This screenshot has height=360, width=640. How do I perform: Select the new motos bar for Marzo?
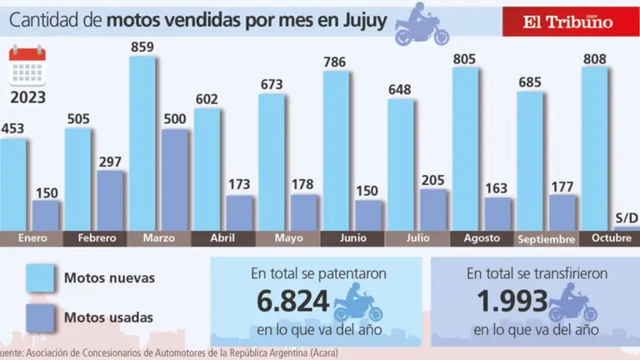[142, 142]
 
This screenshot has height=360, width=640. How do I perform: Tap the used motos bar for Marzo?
[175, 178]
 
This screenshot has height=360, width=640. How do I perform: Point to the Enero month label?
[30, 237]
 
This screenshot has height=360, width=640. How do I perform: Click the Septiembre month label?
[547, 239]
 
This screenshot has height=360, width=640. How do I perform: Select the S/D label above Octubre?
[627, 218]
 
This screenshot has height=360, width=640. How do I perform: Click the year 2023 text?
[27, 97]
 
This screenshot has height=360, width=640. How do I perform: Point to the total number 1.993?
[512, 301]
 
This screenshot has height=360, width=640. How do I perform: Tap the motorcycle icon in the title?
[421, 24]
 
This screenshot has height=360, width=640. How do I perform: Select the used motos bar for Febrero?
[111, 200]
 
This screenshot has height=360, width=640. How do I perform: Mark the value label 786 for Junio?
[336, 60]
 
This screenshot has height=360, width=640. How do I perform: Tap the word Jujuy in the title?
[363, 19]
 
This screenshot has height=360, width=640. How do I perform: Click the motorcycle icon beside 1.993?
[574, 304]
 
